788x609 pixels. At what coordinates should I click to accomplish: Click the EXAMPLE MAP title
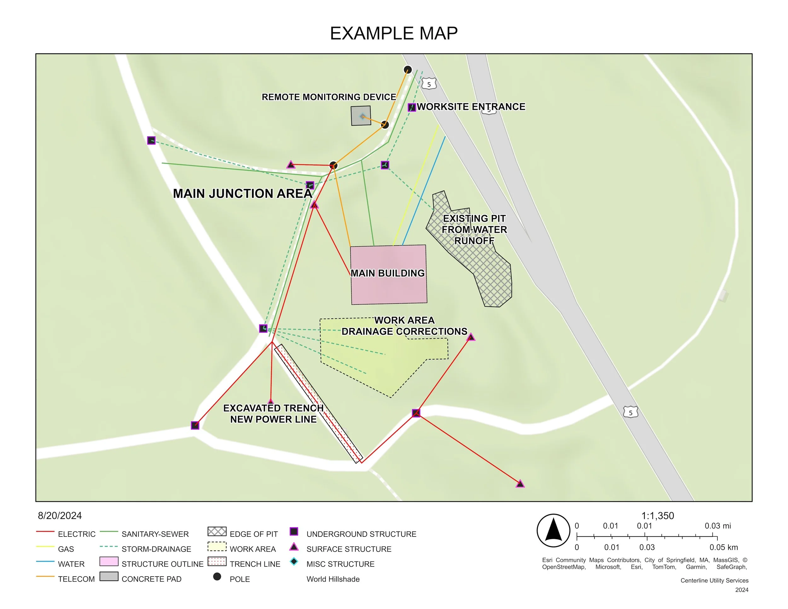point(394,33)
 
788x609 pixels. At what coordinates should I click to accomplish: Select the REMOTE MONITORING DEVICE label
point(329,97)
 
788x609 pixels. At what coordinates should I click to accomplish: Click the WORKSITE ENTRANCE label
point(471,107)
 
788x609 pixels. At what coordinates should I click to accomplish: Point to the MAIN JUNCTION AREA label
point(242,194)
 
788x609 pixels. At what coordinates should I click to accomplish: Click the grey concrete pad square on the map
point(361,116)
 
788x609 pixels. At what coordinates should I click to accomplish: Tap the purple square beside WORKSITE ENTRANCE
point(412,107)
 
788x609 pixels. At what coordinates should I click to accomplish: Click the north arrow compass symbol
point(553,530)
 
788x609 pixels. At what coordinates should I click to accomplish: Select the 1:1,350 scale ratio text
point(658,516)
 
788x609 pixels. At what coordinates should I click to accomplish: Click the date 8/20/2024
point(60,516)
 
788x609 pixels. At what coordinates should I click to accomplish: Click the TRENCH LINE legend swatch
point(217,562)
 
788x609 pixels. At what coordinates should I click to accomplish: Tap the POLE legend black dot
point(217,577)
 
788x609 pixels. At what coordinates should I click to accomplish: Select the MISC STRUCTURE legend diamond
point(294,562)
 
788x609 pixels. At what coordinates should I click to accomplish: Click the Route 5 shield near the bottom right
point(630,412)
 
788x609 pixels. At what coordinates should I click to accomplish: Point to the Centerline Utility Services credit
point(714,581)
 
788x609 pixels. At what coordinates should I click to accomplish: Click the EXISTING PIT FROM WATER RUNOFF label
point(474,229)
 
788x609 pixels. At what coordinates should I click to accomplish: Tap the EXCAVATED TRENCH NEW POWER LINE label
point(273,414)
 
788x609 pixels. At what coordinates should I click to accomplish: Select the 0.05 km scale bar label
point(723,547)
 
